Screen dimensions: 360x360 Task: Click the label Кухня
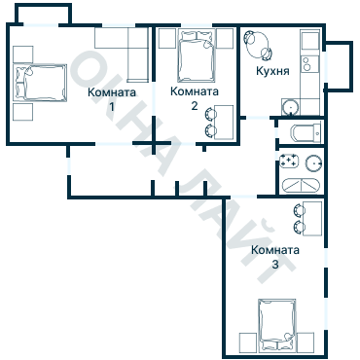(x=272, y=71)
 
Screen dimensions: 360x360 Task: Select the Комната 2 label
(x=195, y=98)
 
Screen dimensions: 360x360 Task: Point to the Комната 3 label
(x=275, y=257)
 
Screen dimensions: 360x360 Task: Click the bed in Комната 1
(x=40, y=83)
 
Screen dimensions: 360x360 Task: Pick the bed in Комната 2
(x=197, y=55)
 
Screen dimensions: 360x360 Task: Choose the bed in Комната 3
(x=277, y=324)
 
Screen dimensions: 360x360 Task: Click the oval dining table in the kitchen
(x=258, y=45)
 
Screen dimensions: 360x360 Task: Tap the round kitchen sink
(x=290, y=106)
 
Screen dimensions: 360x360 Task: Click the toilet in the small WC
(x=306, y=132)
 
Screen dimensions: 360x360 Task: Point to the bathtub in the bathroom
(x=302, y=186)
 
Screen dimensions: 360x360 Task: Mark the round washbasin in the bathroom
(x=314, y=162)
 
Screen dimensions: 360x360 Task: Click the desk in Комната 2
(x=224, y=123)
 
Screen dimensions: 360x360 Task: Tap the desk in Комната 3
(x=312, y=218)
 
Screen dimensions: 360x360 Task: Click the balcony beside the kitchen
(x=339, y=66)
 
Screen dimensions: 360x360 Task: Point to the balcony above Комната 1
(x=43, y=15)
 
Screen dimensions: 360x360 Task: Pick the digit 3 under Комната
(x=275, y=265)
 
